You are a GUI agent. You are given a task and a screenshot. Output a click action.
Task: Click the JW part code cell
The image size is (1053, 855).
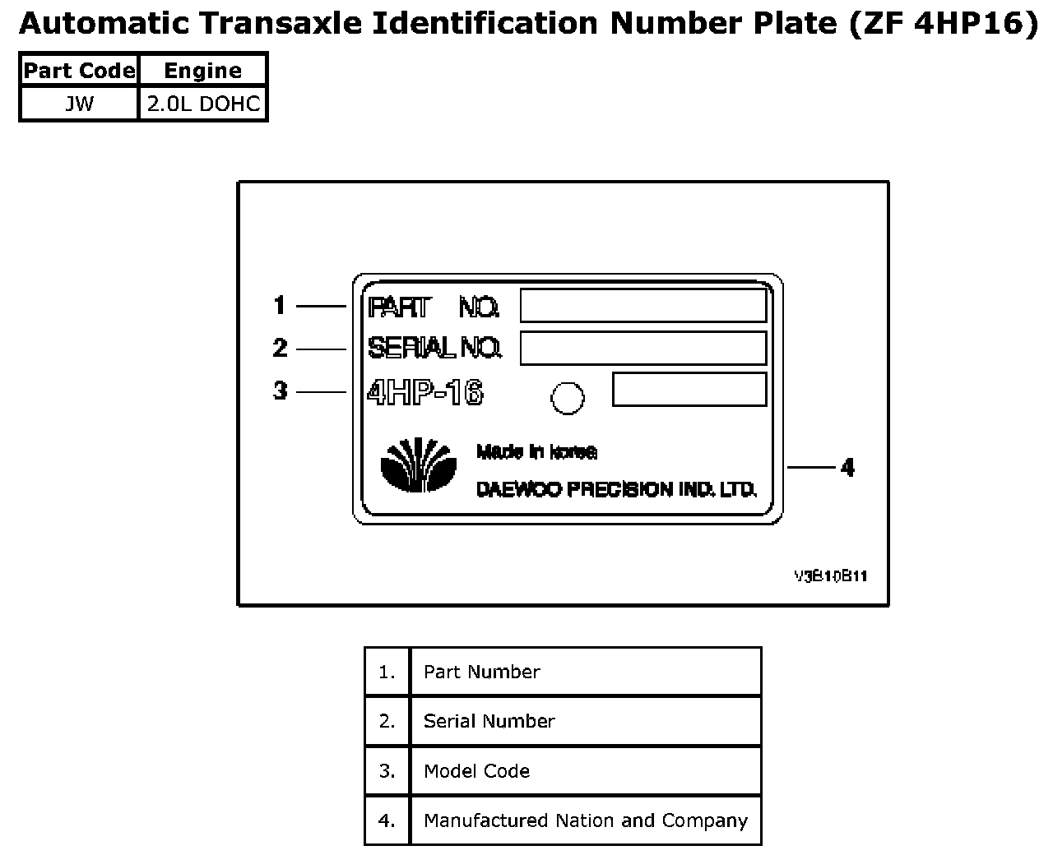pos(79,104)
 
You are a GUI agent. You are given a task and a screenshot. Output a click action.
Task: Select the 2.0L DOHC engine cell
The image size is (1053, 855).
pos(203,104)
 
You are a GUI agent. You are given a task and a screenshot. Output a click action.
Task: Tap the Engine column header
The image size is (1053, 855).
pos(203,71)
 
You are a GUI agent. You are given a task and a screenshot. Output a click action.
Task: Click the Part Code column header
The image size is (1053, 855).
pos(79,71)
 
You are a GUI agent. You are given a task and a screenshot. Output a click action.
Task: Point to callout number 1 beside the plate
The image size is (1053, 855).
pos(280,306)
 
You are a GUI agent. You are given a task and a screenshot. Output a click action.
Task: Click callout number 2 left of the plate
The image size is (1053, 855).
pos(280,348)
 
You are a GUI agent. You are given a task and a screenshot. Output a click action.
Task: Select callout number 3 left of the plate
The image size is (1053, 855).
pos(280,391)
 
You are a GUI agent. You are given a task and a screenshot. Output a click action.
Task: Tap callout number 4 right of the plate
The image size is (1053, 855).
pos(847,468)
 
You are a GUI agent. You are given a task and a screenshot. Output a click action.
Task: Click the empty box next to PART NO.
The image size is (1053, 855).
pos(643,306)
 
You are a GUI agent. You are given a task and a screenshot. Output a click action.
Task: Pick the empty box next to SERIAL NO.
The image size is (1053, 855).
pos(643,348)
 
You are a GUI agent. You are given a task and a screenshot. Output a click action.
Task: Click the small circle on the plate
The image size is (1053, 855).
pos(568,399)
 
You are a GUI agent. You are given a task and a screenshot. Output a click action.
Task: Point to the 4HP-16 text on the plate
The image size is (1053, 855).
pos(425,393)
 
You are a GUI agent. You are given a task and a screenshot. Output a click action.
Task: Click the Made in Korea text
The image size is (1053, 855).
pos(536,451)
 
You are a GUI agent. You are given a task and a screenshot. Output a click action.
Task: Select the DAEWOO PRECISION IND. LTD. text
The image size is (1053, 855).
pos(616,490)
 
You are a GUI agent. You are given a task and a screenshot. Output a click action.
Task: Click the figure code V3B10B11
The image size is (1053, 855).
pos(830,576)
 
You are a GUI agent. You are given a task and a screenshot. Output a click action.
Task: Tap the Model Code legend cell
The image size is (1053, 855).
pos(584,771)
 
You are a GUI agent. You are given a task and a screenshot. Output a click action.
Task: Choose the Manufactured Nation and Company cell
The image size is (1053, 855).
pos(585,820)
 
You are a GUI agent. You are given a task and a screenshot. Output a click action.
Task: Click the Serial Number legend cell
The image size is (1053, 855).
pos(584,721)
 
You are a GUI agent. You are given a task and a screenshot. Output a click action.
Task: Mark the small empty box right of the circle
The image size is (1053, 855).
pos(689,390)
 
